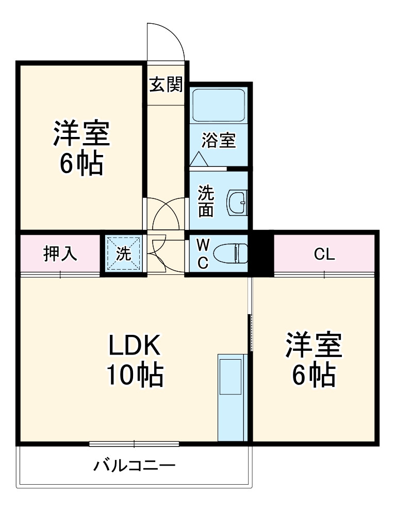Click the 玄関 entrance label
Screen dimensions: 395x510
166,85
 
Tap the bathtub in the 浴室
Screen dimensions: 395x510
219,105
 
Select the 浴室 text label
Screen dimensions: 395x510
219,141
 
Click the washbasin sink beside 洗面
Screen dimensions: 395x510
238,203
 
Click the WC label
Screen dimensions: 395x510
203,254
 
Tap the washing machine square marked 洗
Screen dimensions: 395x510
124,253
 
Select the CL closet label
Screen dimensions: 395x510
324,254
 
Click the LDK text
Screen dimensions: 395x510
134,345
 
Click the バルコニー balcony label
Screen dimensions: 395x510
135,466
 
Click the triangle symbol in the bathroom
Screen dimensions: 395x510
199,159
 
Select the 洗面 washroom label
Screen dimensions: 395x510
206,201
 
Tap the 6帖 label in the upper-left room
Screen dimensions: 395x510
81,163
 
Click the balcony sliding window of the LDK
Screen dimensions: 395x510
134,444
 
